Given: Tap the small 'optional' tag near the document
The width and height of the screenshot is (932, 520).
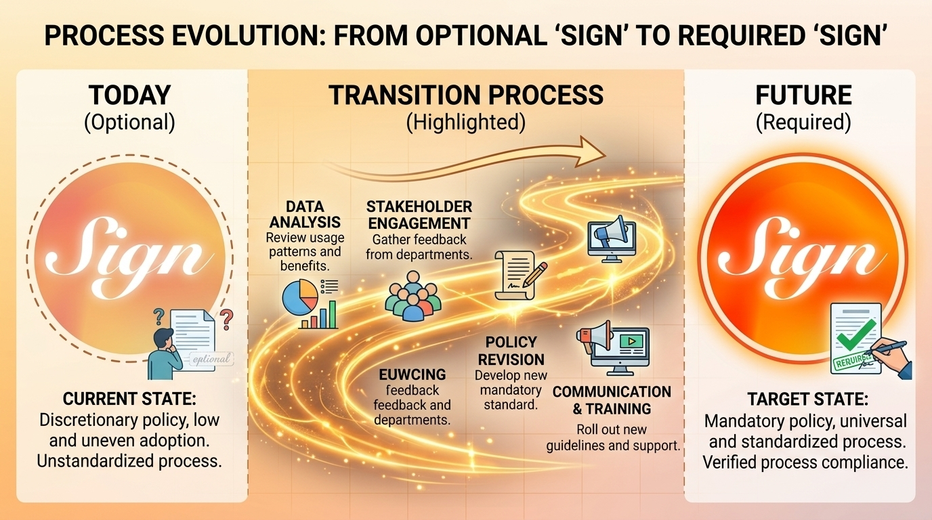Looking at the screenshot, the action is click(x=211, y=359).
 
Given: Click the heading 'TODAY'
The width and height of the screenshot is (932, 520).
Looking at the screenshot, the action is click(x=130, y=95).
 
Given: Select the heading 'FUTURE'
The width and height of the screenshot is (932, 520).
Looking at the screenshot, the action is click(x=804, y=95).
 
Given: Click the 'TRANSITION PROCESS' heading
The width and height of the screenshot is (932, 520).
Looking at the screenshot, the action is click(x=466, y=95).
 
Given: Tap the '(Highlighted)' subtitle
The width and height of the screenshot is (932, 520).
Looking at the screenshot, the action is click(x=466, y=123).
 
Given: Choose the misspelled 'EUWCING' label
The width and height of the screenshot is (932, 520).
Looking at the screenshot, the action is click(x=412, y=374).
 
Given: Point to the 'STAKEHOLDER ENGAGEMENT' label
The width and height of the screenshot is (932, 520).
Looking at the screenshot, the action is click(x=419, y=215).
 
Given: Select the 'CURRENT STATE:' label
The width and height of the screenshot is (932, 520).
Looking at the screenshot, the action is click(x=129, y=399).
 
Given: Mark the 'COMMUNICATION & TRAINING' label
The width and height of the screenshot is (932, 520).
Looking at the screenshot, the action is click(x=612, y=400).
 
